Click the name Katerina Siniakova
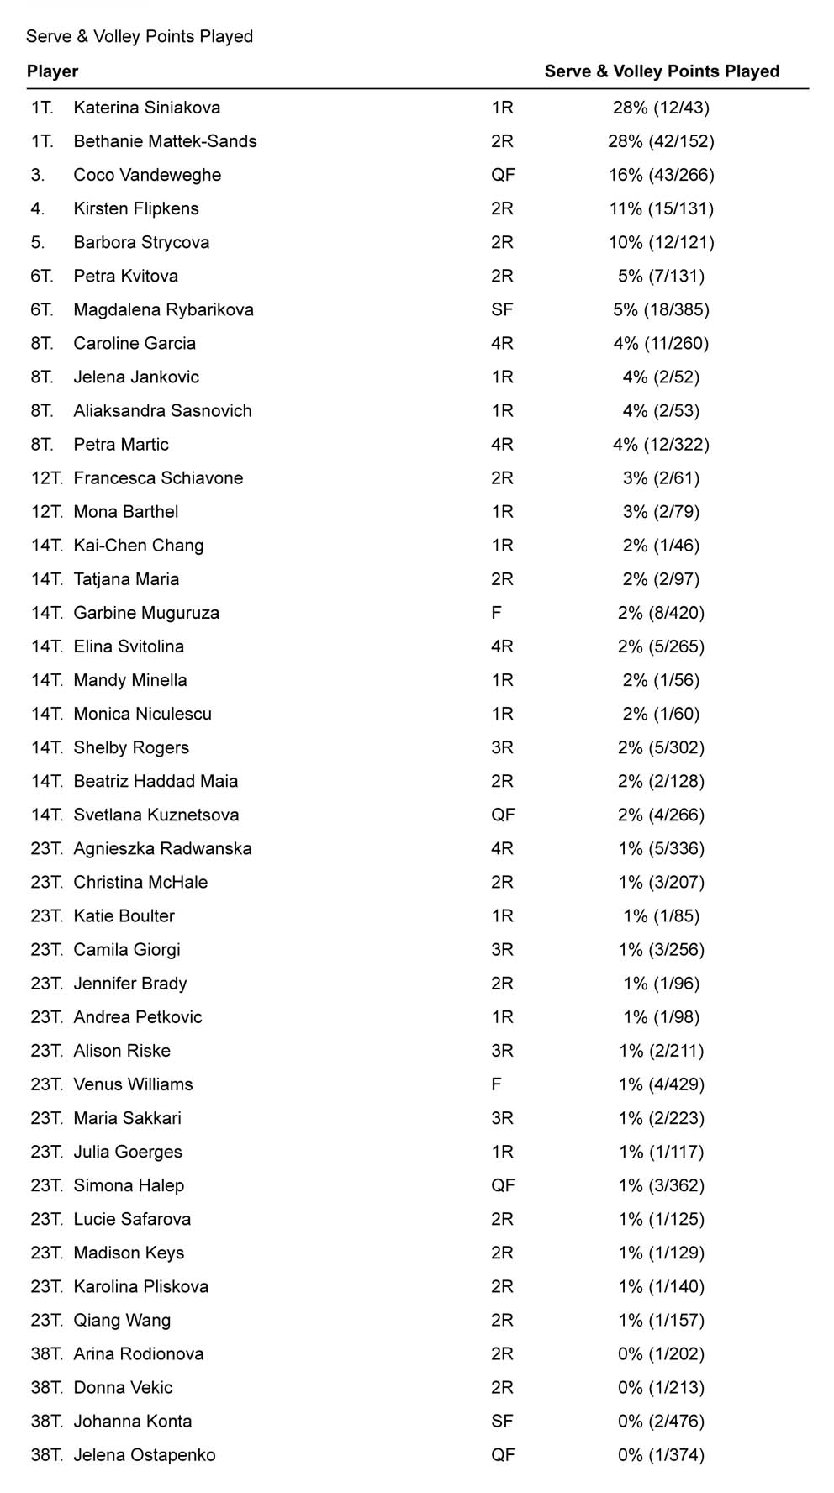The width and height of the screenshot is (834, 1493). pos(146,108)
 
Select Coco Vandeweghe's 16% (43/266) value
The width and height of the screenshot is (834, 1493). pos(661,175)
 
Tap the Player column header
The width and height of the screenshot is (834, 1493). pos(52,71)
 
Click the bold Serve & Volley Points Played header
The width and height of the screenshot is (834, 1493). pos(662,71)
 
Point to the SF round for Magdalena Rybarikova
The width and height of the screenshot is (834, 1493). pos(502,309)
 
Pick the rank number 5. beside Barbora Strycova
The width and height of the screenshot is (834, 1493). pos(38,242)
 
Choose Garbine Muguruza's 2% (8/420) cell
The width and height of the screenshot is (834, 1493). pos(661,613)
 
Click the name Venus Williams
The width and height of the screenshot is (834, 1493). pos(133,1084)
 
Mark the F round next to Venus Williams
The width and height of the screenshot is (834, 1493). pos(496,1084)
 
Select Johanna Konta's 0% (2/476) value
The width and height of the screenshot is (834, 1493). pos(661,1422)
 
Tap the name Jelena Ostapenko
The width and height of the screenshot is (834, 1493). pos(144,1455)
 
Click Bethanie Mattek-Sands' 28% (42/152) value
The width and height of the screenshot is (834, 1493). pos(661,141)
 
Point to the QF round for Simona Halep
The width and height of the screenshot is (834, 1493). pos(503,1185)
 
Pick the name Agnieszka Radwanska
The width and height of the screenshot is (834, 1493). pos(162,848)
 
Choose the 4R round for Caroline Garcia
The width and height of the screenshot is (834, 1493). pos(502,343)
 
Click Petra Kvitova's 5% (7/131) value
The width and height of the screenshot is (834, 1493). pos(661,276)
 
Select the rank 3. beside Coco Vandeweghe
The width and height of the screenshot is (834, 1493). pos(38,175)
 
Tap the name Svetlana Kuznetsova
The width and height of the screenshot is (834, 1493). pos(156,815)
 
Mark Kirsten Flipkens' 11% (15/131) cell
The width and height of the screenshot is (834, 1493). pos(661,208)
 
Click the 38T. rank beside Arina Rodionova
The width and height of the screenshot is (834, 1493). pos(46,1353)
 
